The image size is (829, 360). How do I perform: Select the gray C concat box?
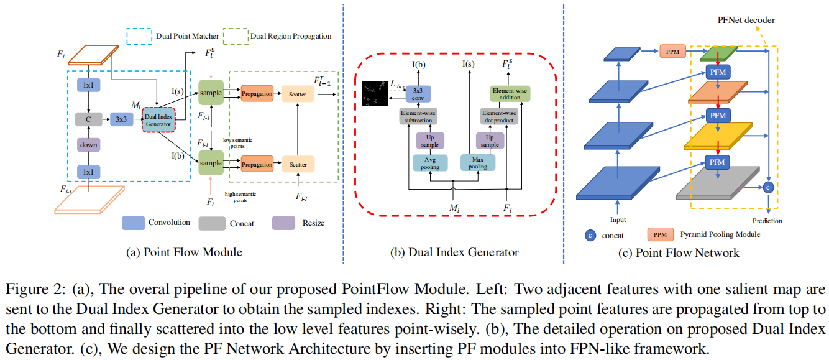pos(88,119)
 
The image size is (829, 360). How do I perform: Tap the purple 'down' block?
pos(88,144)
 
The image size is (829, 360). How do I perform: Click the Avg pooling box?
pos(426,163)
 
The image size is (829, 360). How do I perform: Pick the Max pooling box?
pos(477,163)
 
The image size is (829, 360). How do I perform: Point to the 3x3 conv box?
pos(418,93)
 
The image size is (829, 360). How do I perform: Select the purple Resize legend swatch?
pos(283,223)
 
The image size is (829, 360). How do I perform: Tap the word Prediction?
pos(766,220)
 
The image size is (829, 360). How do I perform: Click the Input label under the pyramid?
pos(618,219)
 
